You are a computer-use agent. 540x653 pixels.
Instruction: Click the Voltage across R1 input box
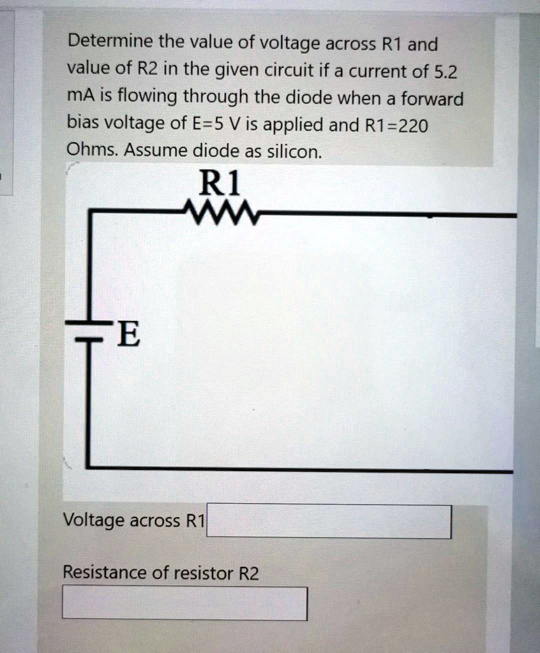pos(329,522)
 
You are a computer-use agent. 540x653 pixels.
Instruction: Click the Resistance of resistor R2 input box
pos(184,603)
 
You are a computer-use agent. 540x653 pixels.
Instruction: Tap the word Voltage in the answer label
pos(94,520)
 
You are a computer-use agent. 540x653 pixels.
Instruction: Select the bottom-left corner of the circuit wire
pos(89,467)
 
